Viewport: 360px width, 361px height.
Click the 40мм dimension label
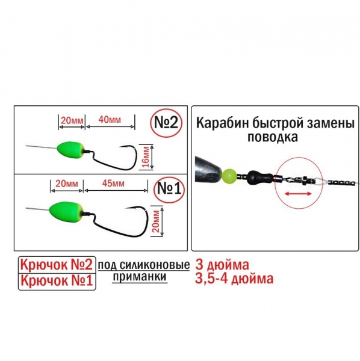110,120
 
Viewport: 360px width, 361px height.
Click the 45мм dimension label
113,184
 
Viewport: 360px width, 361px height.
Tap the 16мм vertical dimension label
146,158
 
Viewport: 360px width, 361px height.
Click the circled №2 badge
166,123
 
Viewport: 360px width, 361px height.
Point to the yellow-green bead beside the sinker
229,176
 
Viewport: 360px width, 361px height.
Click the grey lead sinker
208,170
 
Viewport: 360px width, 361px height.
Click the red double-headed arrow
298,194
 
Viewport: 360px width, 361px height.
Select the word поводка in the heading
273,137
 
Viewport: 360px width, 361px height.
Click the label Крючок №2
57,265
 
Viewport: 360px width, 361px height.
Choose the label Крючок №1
57,280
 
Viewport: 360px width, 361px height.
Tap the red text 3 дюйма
222,265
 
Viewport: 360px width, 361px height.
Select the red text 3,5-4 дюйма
234,279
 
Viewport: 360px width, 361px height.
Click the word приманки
140,276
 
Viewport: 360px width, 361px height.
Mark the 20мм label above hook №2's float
72,120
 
